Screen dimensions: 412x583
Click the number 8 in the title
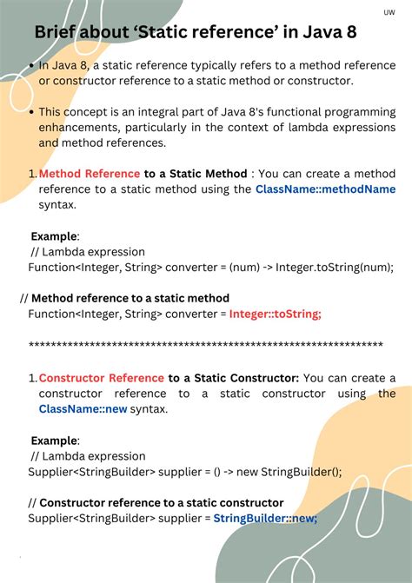coord(348,33)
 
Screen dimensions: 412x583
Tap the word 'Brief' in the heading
coord(56,33)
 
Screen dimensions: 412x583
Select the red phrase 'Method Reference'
coord(90,174)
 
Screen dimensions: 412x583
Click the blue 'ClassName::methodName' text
coord(325,189)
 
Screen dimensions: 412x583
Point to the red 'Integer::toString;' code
coord(276,314)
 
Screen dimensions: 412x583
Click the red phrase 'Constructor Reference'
coord(102,378)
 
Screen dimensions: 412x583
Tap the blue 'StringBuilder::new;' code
coord(265,518)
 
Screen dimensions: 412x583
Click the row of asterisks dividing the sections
coord(206,346)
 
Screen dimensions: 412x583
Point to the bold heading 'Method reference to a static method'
coord(130,298)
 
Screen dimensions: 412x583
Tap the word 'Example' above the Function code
coord(54,236)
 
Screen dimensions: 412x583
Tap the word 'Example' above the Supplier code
coord(54,441)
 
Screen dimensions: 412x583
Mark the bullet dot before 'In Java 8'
coord(31,65)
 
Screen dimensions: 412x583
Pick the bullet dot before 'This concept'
coord(31,112)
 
